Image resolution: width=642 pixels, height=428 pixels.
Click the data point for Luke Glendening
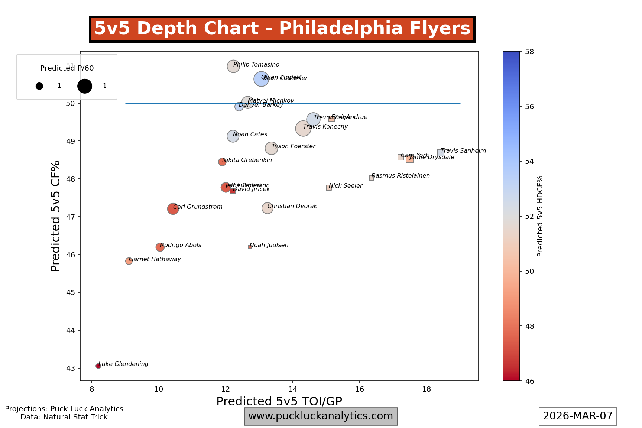coord(98,366)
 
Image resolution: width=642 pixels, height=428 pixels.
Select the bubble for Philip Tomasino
coord(233,66)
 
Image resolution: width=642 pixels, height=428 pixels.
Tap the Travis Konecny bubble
coord(303,129)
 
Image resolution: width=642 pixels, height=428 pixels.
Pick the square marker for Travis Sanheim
coord(441,153)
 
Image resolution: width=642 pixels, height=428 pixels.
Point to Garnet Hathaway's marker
coord(129,261)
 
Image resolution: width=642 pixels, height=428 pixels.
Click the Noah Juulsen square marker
coord(250,247)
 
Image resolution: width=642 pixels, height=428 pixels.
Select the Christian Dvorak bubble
coord(267,208)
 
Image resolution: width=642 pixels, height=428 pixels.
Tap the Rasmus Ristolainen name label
coord(401,176)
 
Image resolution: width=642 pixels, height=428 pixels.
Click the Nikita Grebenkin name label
coord(247,160)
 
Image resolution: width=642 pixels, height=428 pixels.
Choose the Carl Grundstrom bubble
coord(173,209)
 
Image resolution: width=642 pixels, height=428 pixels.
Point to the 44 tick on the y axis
coord(70,330)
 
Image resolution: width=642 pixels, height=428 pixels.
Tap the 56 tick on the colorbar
coord(529,107)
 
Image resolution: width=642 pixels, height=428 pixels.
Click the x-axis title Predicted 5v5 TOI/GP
coord(279,402)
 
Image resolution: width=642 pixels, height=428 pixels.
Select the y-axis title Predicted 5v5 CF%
coord(56,216)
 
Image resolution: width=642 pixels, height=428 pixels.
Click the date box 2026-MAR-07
coord(578,416)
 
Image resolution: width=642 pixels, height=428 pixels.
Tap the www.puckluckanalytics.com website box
coord(321,416)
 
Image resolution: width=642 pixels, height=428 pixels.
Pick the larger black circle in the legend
coord(85,86)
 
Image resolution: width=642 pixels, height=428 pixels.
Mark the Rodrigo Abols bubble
coord(160,247)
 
